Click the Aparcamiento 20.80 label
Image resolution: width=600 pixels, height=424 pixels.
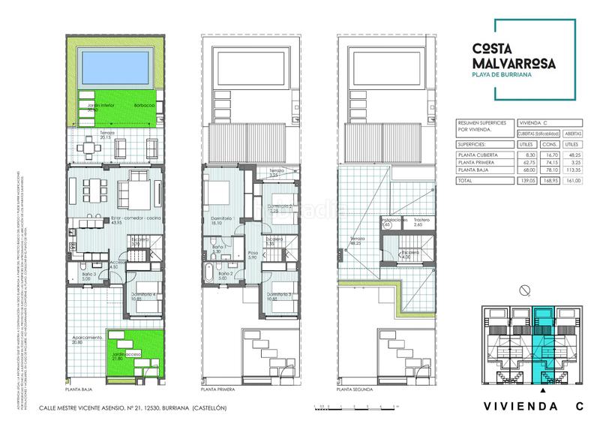point(87,340)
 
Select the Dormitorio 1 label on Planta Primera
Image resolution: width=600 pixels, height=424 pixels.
point(223,220)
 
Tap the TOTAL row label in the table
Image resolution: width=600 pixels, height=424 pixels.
point(466,181)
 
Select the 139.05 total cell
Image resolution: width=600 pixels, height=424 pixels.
point(526,181)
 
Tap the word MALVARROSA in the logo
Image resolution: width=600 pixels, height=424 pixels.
point(514,64)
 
